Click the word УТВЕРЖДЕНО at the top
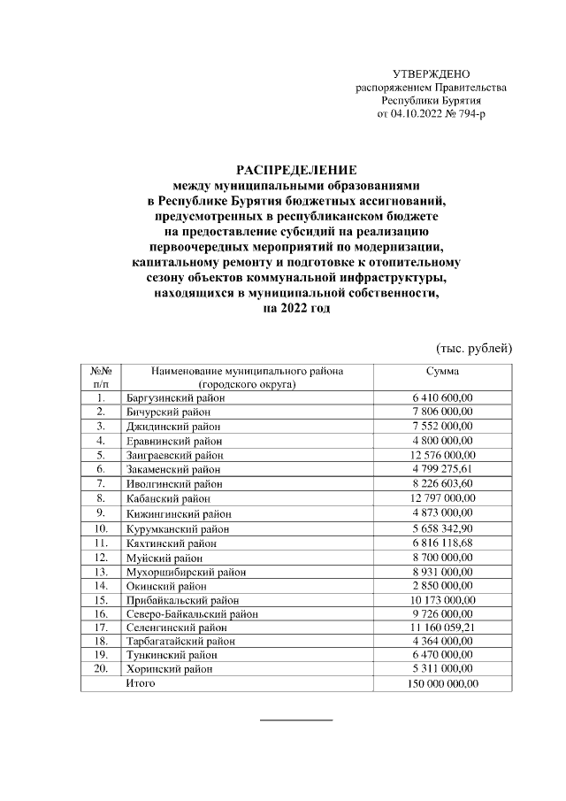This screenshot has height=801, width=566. (x=431, y=73)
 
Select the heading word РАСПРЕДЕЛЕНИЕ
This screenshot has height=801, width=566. (x=283, y=168)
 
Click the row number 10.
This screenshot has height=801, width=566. (x=101, y=528)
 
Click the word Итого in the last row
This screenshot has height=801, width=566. (x=141, y=683)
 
